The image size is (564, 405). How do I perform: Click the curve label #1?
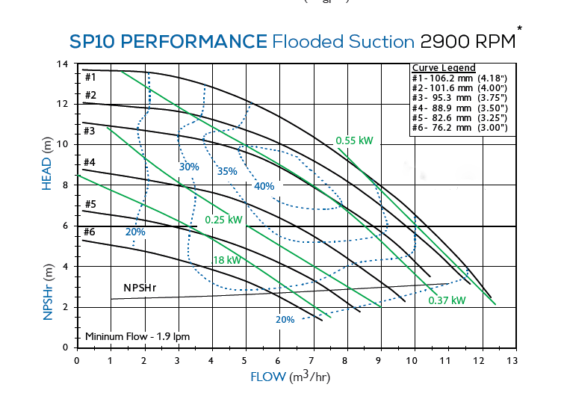click(x=90, y=76)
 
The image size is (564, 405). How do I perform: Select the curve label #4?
click(x=90, y=162)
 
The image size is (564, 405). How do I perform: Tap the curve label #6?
click(x=90, y=232)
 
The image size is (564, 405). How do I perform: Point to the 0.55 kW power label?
click(x=354, y=140)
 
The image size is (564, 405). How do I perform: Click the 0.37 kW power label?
click(x=447, y=300)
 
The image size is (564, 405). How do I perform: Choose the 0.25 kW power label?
click(x=223, y=220)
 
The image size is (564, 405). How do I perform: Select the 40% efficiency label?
click(x=265, y=186)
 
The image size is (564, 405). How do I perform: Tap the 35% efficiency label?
click(x=227, y=171)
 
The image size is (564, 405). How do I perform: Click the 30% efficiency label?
click(x=189, y=167)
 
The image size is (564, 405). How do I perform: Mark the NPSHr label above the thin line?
click(x=140, y=288)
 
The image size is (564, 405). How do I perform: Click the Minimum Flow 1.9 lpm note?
click(x=137, y=336)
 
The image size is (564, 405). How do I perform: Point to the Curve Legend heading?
click(x=444, y=68)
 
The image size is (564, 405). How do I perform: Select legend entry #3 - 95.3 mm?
click(x=459, y=97)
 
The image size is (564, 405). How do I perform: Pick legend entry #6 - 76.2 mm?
click(x=459, y=128)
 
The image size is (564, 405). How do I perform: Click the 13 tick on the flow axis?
click(x=512, y=360)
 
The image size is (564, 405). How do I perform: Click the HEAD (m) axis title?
click(x=47, y=164)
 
